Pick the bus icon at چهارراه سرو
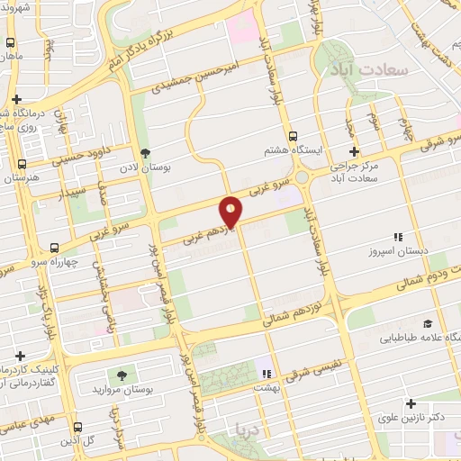56,248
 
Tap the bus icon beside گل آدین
77,427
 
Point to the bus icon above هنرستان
21,163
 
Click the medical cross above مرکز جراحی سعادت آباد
354,151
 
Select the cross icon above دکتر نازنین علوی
411,404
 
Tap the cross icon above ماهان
12,41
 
